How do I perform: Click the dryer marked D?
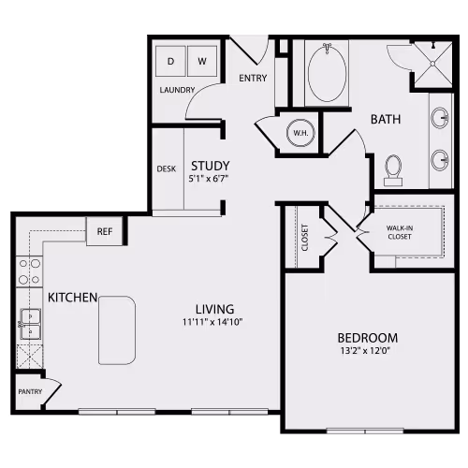[x=170, y=61]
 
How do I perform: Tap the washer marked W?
[x=201, y=61]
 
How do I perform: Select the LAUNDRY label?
[x=177, y=90]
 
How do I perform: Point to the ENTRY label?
[x=253, y=78]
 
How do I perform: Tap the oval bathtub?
[x=327, y=73]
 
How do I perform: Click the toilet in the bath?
[x=393, y=169]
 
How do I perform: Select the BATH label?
[x=386, y=119]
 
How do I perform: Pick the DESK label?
[x=167, y=169]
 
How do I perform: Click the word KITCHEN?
[x=74, y=297]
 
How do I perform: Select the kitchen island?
[x=117, y=329]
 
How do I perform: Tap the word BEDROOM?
[x=368, y=338]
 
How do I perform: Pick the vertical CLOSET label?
[x=305, y=239]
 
